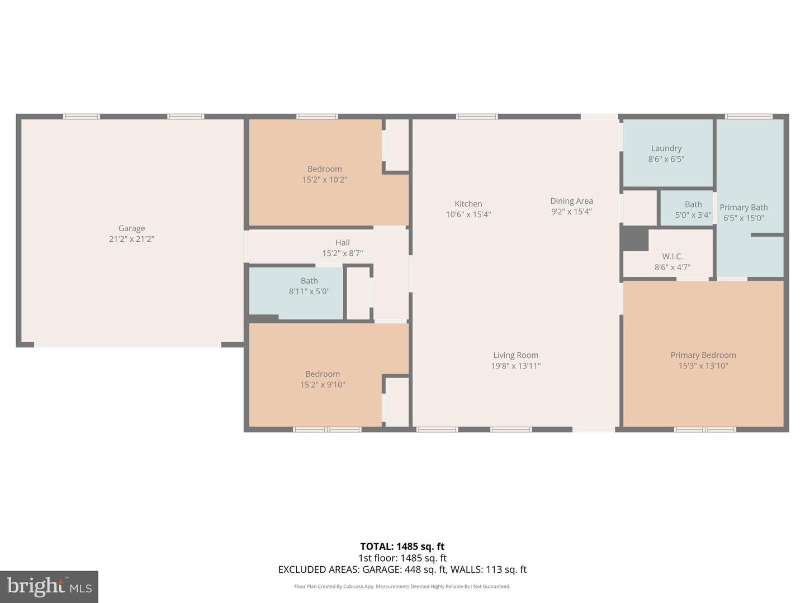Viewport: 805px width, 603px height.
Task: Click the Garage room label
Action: (x=131, y=228)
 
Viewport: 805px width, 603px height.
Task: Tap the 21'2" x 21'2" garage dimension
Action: (x=131, y=239)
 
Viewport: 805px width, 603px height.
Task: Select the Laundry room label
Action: (x=666, y=149)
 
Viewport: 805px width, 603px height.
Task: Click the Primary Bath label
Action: (x=744, y=207)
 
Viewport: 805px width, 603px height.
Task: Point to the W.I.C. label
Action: (x=673, y=256)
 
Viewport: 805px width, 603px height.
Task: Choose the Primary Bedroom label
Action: (x=703, y=355)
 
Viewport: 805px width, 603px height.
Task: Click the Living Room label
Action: (x=515, y=355)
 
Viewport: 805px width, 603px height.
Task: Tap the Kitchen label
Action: (x=468, y=204)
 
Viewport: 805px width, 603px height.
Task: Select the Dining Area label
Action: (x=571, y=201)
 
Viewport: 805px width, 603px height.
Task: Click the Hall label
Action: (x=342, y=242)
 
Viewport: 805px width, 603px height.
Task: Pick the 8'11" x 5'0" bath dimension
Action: (x=309, y=291)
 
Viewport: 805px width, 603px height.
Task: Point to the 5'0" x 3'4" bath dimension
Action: (x=693, y=215)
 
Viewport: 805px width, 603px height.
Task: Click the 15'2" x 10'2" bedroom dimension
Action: (x=325, y=180)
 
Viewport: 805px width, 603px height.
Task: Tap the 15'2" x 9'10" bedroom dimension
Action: (x=323, y=385)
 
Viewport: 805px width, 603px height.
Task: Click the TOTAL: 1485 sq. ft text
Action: (x=402, y=547)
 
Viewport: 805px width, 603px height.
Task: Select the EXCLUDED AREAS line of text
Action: (x=402, y=569)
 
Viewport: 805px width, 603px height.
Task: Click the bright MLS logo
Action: (x=49, y=586)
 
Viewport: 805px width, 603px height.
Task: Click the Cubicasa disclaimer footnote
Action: (x=402, y=586)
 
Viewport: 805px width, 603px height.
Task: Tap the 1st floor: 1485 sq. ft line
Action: (x=402, y=558)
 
